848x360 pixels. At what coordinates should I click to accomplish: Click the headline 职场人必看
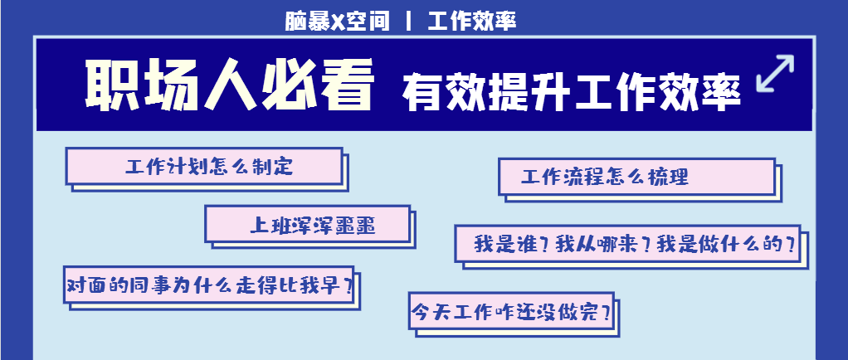229,85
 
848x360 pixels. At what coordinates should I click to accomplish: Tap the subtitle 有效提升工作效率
571,91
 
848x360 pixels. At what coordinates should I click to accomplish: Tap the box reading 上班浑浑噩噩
308,224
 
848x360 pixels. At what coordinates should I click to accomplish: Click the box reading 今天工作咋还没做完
514,313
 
